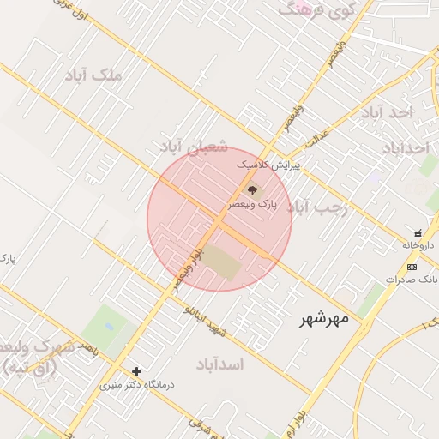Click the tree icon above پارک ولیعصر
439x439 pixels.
point(252,190)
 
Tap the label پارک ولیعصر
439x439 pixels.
point(253,206)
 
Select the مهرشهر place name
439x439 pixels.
point(324,319)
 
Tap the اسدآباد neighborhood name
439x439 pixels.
point(220,364)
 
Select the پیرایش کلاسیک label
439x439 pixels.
point(268,163)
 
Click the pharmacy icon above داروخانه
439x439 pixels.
point(418,233)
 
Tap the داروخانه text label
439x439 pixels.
point(420,245)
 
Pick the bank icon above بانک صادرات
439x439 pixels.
point(413,268)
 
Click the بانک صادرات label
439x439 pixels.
point(412,280)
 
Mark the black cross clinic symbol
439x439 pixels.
point(136,371)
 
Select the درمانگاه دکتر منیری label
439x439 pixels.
point(137,385)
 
